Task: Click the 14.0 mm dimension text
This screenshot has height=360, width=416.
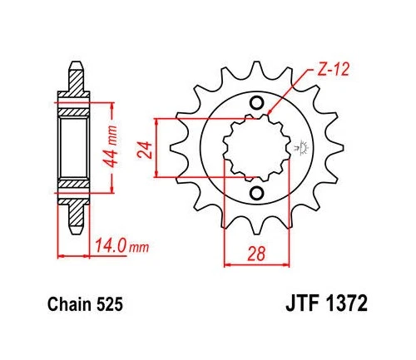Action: (x=109, y=248)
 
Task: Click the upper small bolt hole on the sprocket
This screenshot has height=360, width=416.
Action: (x=257, y=102)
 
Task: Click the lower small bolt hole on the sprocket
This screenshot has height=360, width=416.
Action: (x=257, y=192)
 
